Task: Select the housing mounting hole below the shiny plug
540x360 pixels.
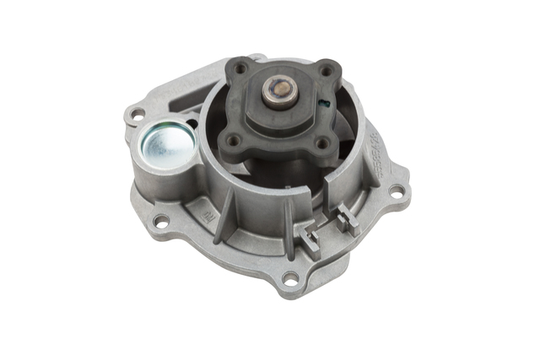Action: (159, 221)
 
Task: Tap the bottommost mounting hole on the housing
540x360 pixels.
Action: (290, 279)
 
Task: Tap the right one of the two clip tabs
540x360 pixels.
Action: (346, 221)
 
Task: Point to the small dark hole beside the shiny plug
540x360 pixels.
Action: (192, 124)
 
